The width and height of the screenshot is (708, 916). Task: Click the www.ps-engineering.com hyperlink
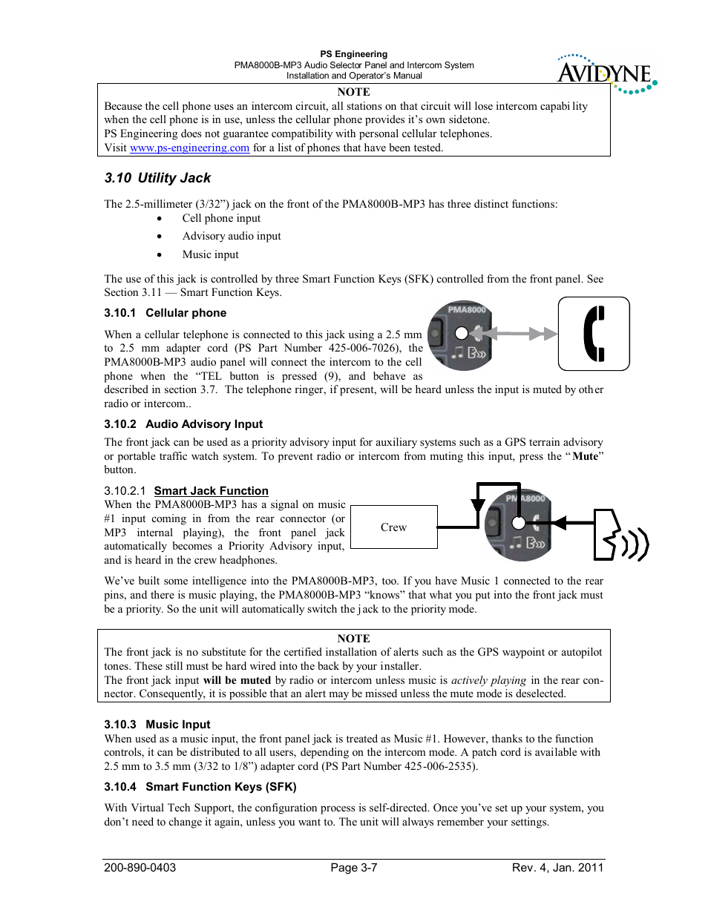pos(189,148)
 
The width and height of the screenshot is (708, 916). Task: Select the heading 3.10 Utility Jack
pos(157,178)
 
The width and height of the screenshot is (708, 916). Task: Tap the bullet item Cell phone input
pos(221,218)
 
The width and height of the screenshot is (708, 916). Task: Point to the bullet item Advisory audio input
pos(232,236)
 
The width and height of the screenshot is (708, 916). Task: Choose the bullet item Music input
pos(210,254)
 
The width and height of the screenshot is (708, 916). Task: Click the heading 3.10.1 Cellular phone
pos(165,313)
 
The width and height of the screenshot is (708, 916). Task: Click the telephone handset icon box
pos(594,334)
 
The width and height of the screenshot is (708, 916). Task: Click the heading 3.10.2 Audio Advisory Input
pos(183,424)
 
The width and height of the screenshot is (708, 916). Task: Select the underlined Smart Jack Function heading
pos(211,491)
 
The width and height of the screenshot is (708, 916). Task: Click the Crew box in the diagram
pos(393,527)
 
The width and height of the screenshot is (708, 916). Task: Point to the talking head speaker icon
pos(620,536)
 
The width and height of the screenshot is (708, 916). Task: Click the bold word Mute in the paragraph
pos(585,456)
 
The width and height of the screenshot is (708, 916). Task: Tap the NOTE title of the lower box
pos(353,639)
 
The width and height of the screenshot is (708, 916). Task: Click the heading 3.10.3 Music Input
pos(157,725)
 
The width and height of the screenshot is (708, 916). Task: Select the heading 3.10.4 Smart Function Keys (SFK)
pos(200,787)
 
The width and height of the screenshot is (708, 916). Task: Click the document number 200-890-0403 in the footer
pos(140,868)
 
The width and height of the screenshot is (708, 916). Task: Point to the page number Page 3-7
pos(354,868)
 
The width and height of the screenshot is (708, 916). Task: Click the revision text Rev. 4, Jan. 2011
pos(557,868)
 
